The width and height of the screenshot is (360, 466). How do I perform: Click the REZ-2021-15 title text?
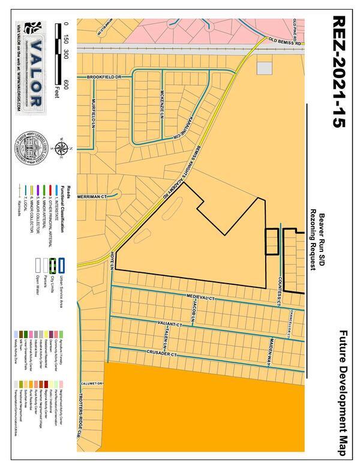click(338, 72)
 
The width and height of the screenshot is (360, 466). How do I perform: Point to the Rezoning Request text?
click(313, 240)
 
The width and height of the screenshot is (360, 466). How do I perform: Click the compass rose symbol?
click(60, 148)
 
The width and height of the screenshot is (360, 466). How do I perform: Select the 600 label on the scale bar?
click(65, 84)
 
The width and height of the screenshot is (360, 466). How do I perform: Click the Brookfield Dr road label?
click(104, 77)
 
